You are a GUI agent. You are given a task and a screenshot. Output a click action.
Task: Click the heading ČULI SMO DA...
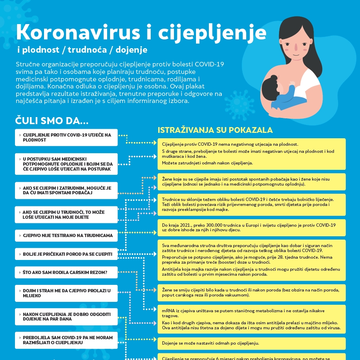click(52, 121)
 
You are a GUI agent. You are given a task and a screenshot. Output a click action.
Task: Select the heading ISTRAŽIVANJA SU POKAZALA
click(215, 130)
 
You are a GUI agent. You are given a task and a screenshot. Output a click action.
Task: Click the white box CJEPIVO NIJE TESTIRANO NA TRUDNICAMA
click(66, 235)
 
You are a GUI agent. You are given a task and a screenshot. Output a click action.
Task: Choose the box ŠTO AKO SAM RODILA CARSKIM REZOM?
click(66, 272)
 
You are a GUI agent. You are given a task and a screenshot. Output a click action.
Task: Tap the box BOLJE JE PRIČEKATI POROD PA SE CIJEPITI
click(66, 254)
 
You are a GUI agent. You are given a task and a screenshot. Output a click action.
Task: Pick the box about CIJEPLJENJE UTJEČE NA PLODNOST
click(66, 137)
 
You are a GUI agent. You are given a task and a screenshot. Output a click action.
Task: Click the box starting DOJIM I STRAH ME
click(66, 293)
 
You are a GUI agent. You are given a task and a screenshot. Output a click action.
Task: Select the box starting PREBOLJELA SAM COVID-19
click(66, 340)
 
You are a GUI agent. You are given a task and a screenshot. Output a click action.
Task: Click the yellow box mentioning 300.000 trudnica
click(251, 227)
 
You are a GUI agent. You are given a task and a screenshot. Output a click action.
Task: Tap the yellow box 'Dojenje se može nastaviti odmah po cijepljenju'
click(251, 343)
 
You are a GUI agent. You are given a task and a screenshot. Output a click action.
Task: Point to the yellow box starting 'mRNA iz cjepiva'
click(251, 319)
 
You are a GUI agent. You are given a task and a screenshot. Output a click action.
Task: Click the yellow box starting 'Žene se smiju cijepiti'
click(251, 293)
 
